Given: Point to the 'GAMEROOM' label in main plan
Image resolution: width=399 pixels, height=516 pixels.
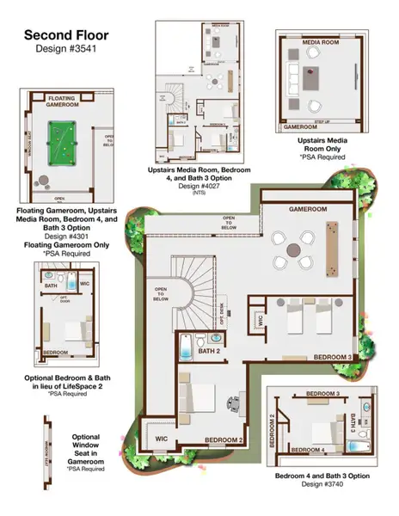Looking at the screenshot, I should pos(309,210).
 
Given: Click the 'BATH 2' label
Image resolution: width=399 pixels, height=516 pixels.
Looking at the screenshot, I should pos(210,351).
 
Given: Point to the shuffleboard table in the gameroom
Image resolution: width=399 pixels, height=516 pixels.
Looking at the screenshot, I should pos(335,247).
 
